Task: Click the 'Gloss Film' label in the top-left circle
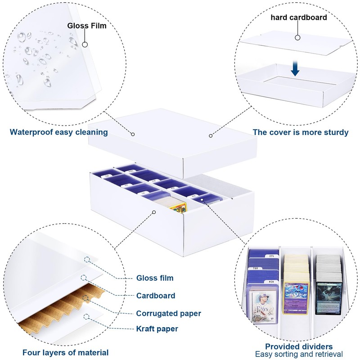(x=87, y=25)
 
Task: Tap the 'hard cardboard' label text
(x=298, y=18)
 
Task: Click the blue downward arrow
(x=295, y=69)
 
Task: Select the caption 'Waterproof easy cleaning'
(x=59, y=132)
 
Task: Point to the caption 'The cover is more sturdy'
(x=300, y=132)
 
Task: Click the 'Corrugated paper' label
(x=168, y=313)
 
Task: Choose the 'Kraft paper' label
(x=157, y=328)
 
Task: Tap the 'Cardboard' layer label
(x=156, y=296)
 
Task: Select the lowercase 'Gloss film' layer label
(x=155, y=278)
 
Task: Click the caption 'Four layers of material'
(x=65, y=352)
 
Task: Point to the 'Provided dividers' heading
(x=299, y=346)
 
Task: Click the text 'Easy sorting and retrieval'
(x=299, y=354)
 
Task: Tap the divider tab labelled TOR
(x=256, y=267)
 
